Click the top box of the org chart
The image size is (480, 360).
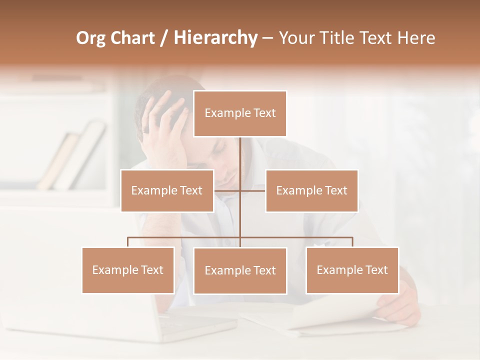click(240, 113)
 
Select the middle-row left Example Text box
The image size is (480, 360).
click(167, 190)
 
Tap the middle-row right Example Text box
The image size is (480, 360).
click(311, 190)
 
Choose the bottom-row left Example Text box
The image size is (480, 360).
click(128, 270)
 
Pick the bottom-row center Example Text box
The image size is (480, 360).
click(240, 270)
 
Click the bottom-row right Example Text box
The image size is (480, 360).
click(352, 270)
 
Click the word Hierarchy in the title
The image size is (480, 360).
click(215, 38)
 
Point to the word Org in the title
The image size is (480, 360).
click(91, 38)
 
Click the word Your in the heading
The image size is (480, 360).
click(297, 38)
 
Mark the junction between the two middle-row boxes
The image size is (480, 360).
click(240, 190)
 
